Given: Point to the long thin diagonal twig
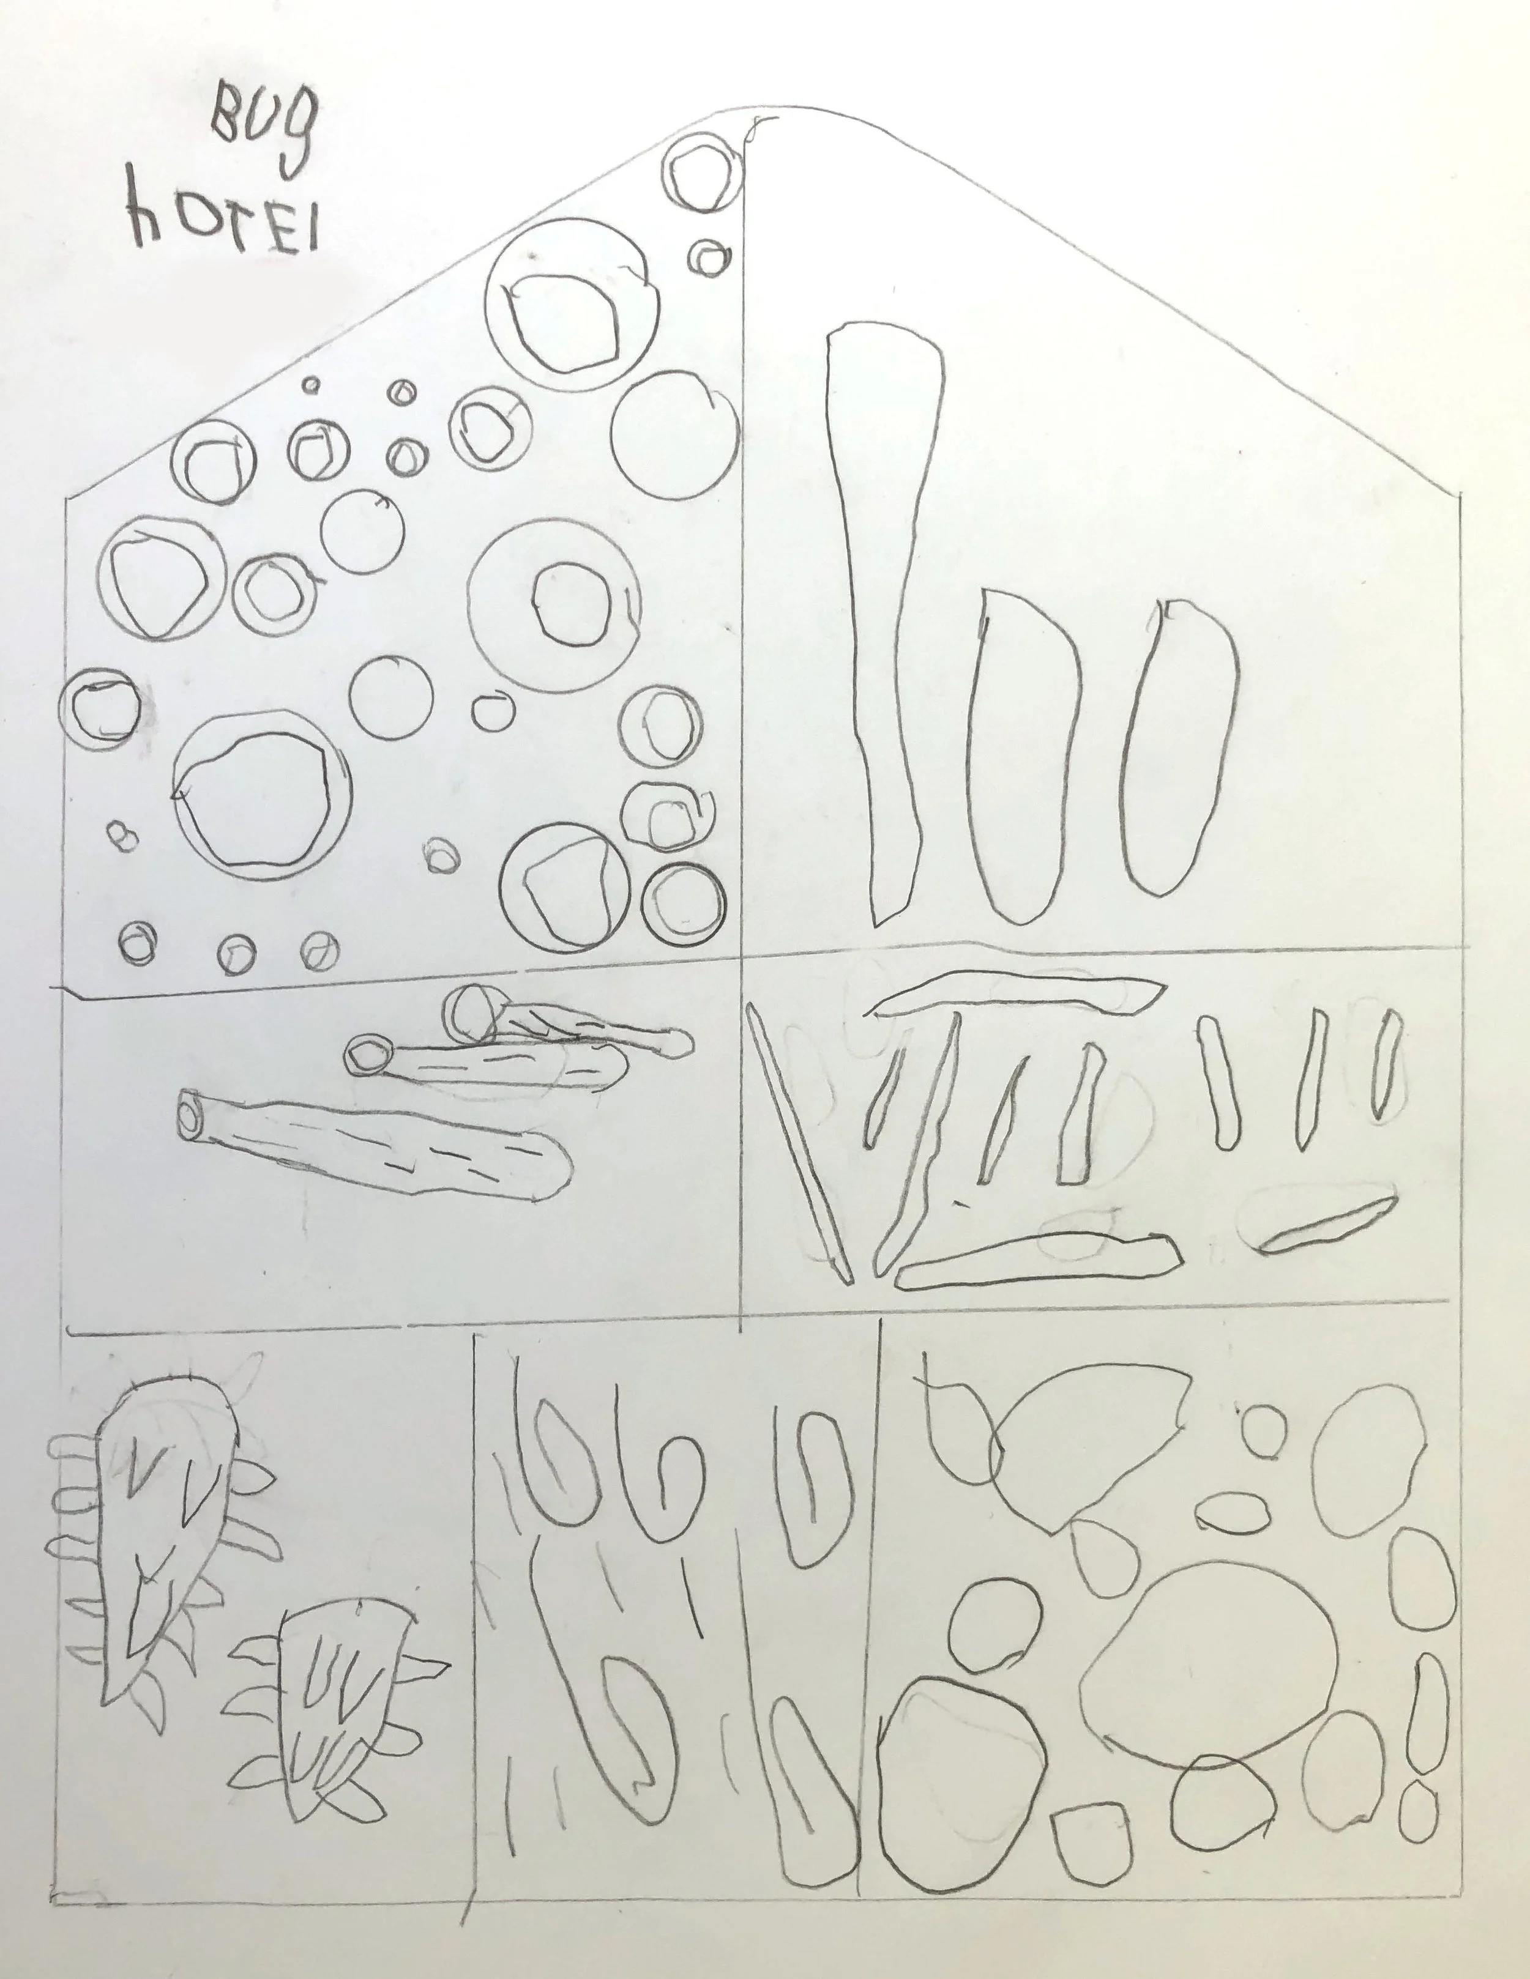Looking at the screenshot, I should pos(797,1146).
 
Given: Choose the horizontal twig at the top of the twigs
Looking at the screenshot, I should pos(1015,995).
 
